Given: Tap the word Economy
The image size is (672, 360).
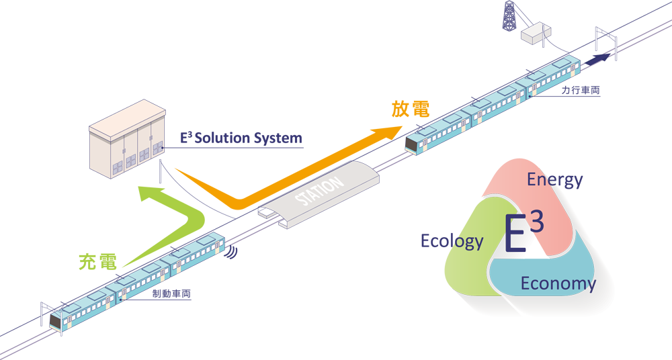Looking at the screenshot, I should coord(558,283).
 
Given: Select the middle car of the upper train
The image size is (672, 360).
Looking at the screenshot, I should coord(497,101).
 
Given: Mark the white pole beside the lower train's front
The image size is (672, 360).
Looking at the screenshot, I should coord(42,316).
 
